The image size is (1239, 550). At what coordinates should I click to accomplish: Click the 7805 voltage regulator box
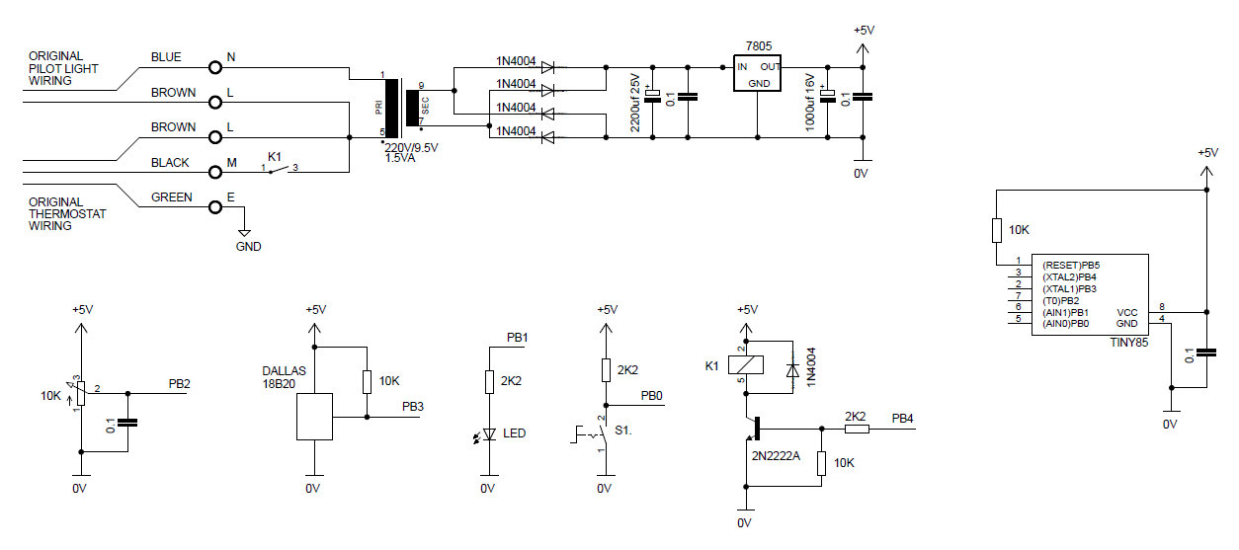coord(758,74)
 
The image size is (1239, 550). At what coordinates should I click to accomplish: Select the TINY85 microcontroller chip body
coord(1090,295)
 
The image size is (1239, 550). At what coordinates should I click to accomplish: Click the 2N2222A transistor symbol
coord(754,429)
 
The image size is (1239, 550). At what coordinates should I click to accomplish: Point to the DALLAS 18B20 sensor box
coord(314,417)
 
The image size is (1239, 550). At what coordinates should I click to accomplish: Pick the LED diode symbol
coord(487,434)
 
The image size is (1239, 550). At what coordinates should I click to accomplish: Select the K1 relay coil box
coord(742,366)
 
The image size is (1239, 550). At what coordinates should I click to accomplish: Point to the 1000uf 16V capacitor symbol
coord(828,96)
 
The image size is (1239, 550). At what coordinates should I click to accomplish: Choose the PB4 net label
coord(902,418)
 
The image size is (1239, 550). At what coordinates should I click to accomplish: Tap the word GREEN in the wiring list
coord(172,197)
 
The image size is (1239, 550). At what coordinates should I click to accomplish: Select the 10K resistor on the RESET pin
coord(997,230)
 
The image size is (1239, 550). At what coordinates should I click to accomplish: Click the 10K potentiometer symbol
coord(82,392)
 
